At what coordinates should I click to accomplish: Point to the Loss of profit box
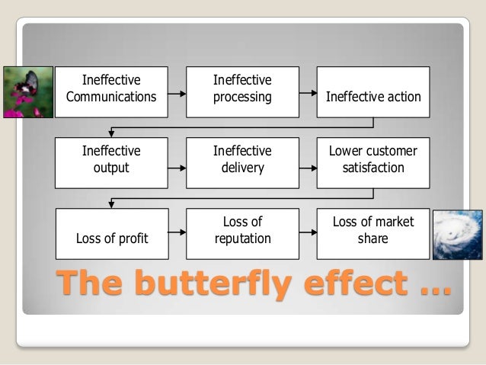111,230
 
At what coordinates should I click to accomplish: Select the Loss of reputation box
242,230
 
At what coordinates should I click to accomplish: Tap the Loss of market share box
373,230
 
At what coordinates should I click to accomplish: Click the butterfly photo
27,91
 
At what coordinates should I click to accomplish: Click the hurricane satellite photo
457,235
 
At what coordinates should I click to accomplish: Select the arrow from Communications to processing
177,94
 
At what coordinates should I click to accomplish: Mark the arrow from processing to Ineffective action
308,94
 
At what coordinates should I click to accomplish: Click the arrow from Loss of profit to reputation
177,232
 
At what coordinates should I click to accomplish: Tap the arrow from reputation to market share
308,232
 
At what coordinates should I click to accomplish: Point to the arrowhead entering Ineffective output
111,133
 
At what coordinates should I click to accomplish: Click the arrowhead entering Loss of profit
111,203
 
